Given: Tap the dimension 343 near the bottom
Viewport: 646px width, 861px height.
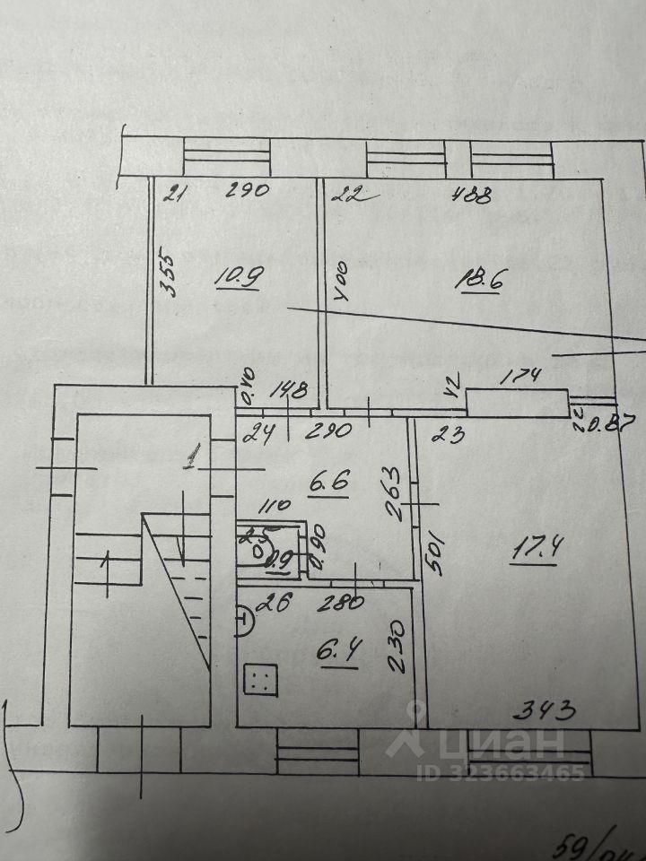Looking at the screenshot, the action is [x=544, y=713].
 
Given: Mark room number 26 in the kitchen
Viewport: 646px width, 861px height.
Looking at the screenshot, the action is [x=266, y=605].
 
